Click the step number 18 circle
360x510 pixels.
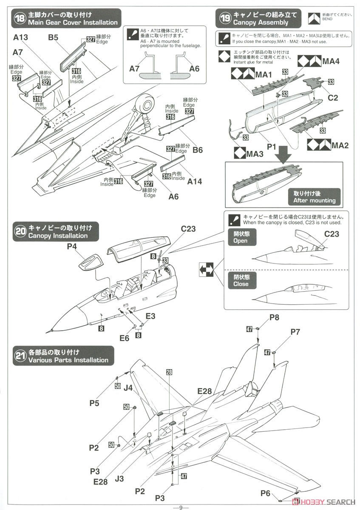pos(20,19)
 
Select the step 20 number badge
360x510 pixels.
pos(20,232)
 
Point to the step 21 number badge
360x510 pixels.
pos(20,356)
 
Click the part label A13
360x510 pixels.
pos(20,38)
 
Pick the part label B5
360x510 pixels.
pos(53,38)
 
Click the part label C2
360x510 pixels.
pos(333,98)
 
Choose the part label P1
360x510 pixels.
pos(272,146)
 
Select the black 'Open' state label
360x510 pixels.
pos(240,237)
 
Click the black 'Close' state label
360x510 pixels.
pos(240,280)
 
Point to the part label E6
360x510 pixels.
pos(124,338)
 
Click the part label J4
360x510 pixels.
pos(128,388)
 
